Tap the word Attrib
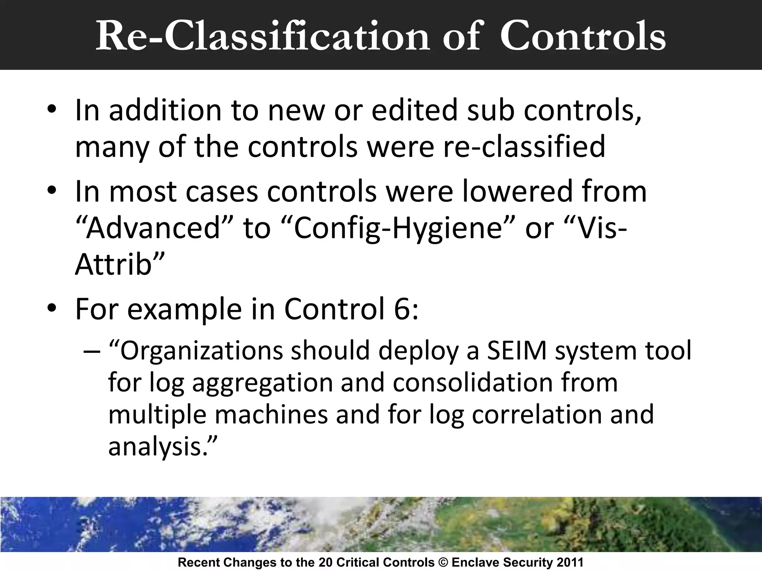(114, 265)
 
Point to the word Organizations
(201, 351)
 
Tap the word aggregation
(262, 383)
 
